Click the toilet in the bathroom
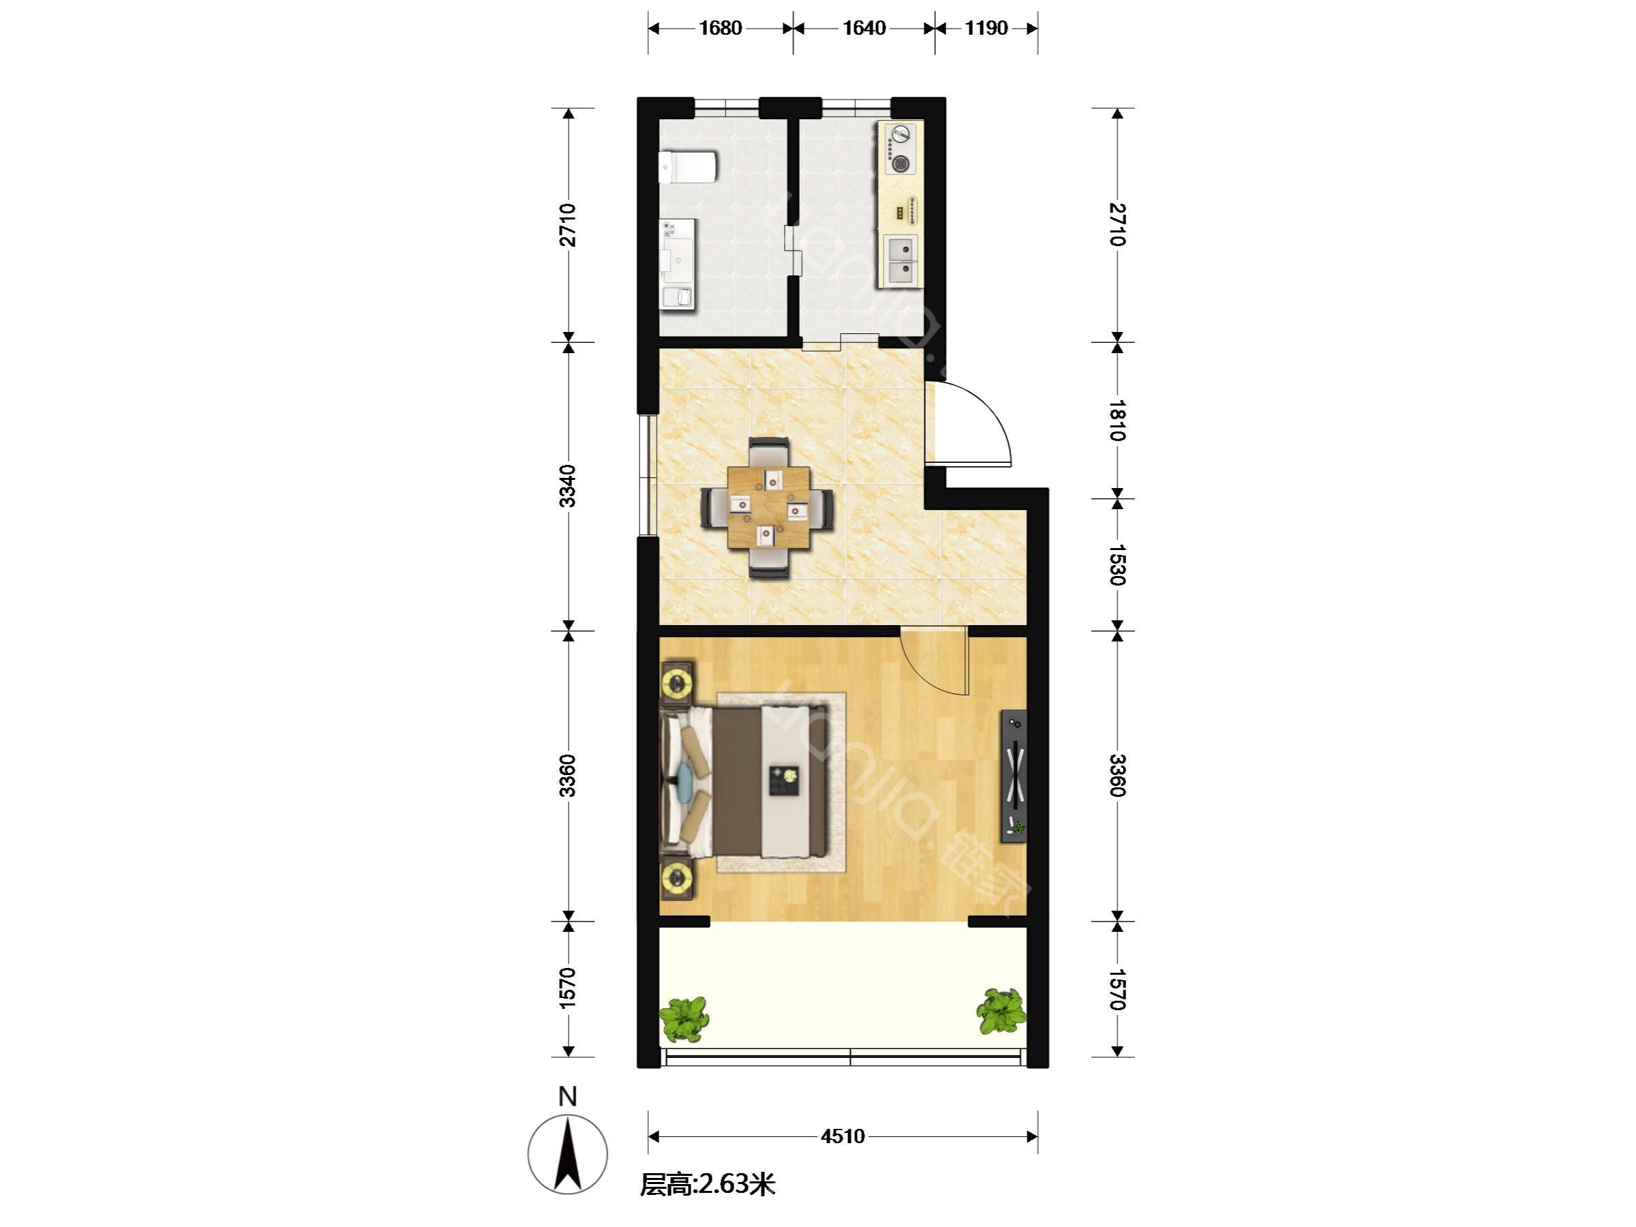170,167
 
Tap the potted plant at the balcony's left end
684,1019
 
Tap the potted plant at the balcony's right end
1002,1012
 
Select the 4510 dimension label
843,1136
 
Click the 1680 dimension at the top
721,28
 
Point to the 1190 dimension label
986,28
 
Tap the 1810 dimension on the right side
1117,420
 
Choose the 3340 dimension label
567,486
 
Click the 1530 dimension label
1117,565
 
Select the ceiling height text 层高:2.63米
708,1185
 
